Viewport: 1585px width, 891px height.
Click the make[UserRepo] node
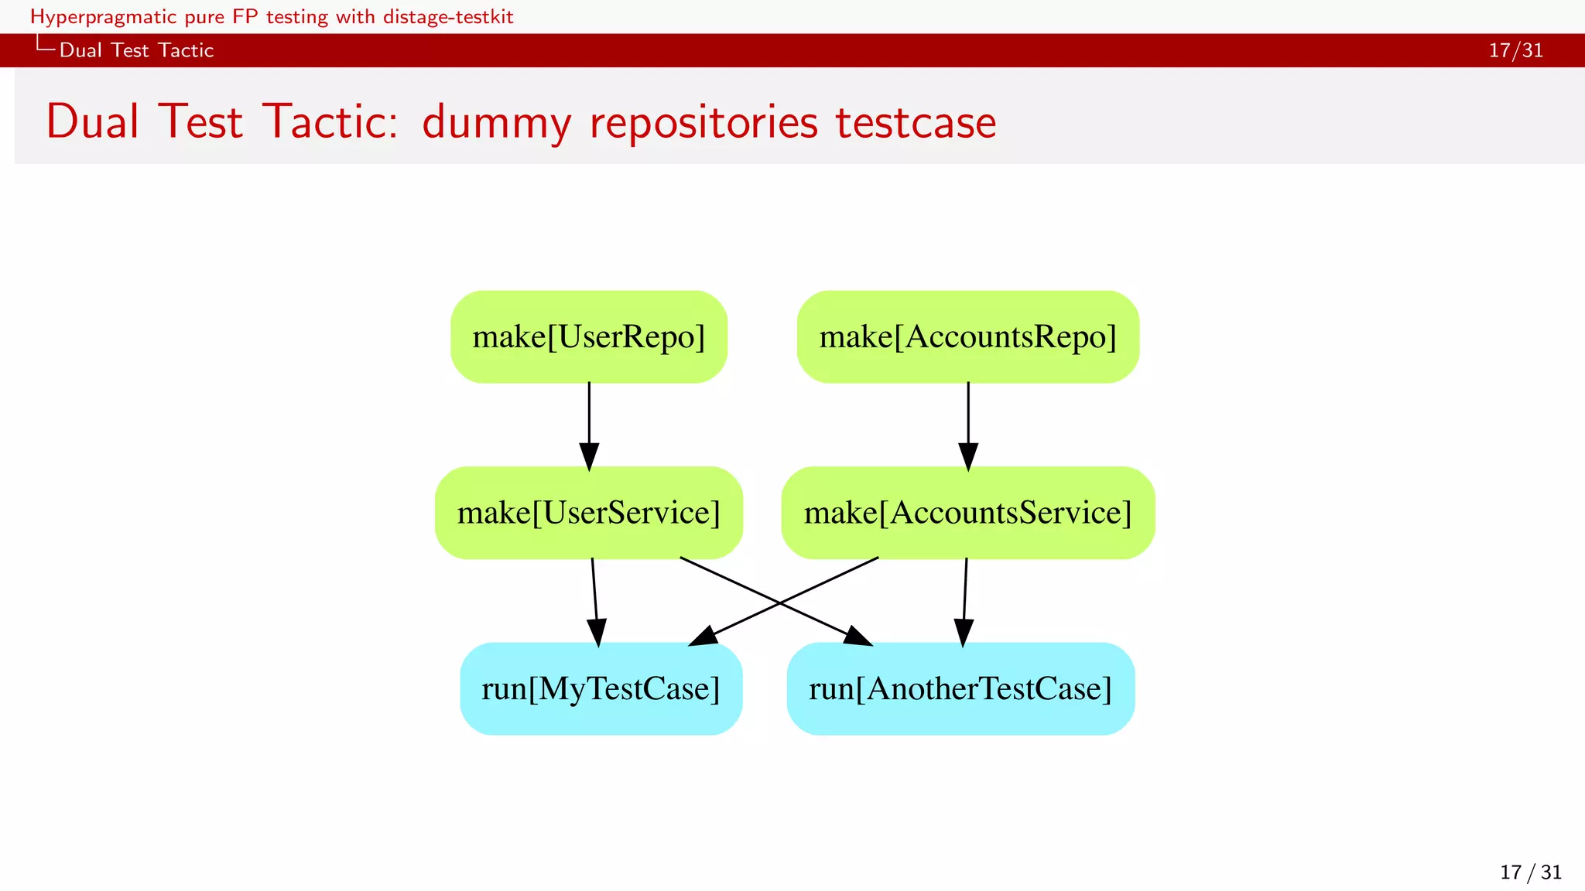click(x=589, y=337)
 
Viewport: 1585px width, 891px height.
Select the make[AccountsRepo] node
click(x=967, y=337)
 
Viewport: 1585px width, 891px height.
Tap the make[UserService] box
click(x=589, y=513)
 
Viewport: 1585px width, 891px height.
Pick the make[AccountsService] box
click(x=967, y=513)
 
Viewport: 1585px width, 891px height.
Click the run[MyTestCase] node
click(x=601, y=688)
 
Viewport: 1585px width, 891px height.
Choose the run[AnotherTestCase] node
click(x=960, y=688)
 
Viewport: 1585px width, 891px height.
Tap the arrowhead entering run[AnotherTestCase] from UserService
click(x=858, y=637)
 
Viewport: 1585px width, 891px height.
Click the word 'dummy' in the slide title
click(x=496, y=123)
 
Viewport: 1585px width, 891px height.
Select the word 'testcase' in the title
click(x=916, y=123)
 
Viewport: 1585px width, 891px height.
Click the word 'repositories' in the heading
click(x=703, y=123)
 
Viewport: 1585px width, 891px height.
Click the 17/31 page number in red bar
click(x=1515, y=50)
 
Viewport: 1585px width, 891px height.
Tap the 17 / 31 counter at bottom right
click(x=1530, y=872)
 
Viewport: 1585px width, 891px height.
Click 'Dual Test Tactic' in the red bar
click(x=136, y=50)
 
